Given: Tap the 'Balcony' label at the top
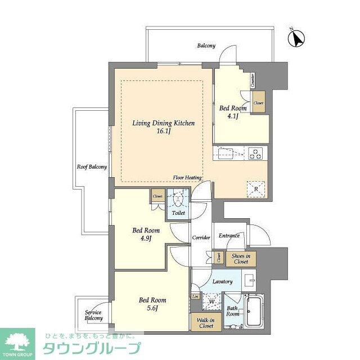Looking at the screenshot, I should [206, 46].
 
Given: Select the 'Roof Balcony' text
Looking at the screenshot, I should [92, 167].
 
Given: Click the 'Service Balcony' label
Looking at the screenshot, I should [94, 315].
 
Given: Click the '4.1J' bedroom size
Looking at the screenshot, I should [232, 116].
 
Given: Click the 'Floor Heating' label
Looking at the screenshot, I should [188, 178].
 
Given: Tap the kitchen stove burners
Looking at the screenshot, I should [255, 153].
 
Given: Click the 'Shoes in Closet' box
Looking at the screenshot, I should [241, 258].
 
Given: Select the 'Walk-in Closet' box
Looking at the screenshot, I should [205, 323].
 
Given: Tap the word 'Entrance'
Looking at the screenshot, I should [229, 236].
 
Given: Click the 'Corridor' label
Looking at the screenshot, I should [201, 238].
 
